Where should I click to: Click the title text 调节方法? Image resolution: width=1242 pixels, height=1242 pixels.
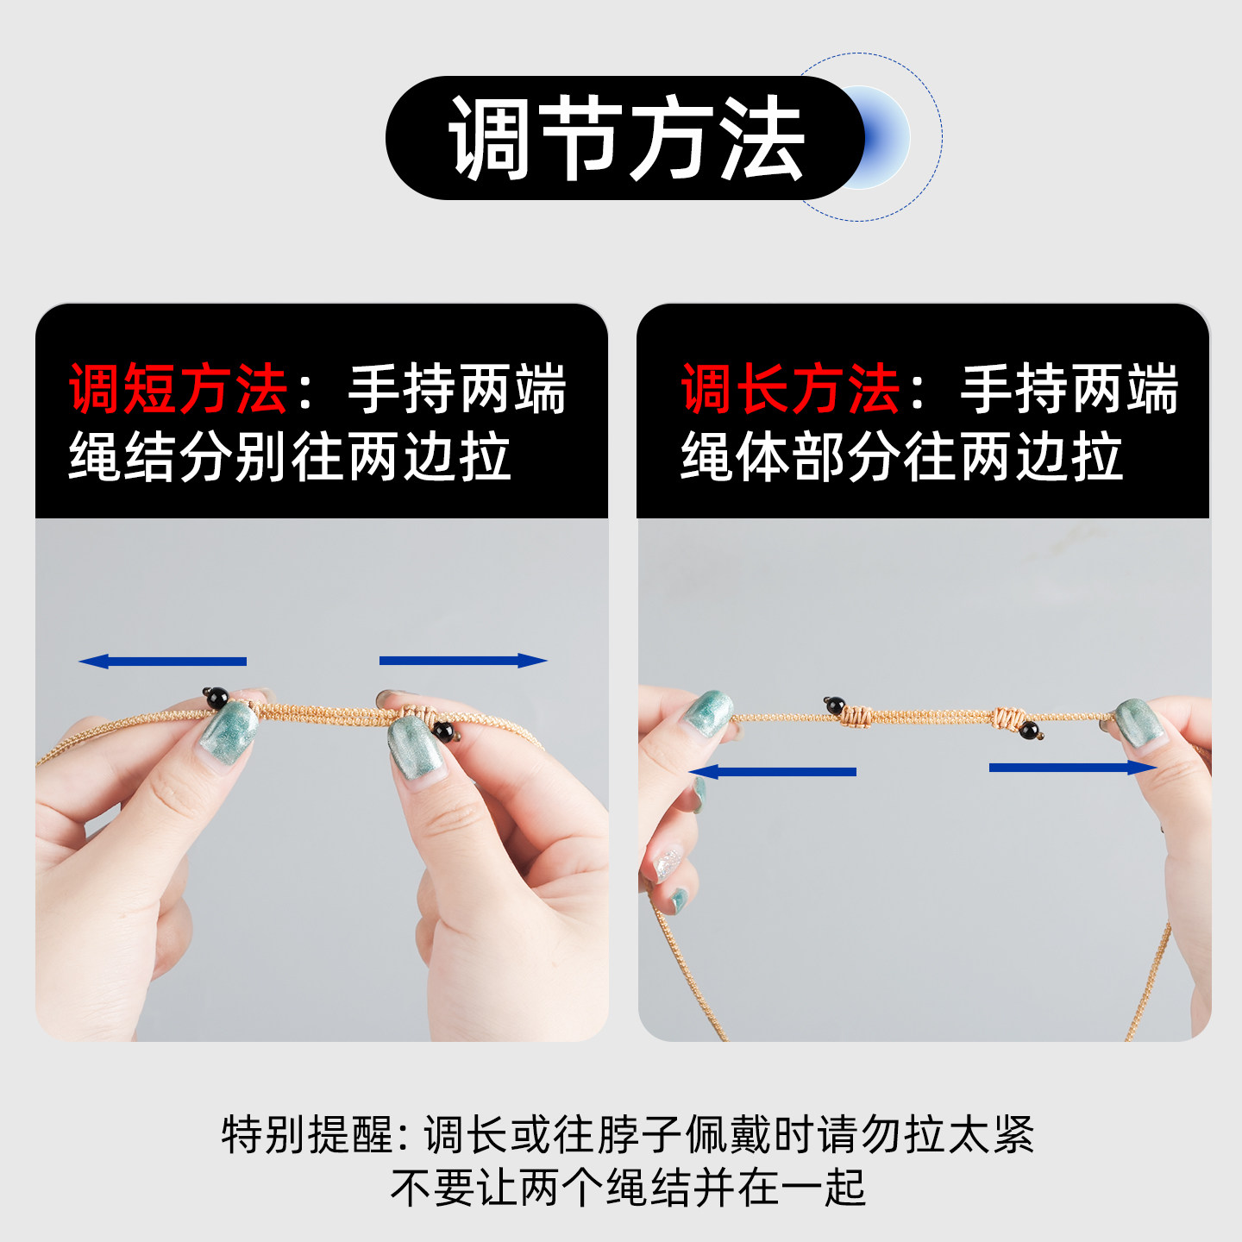coord(626,138)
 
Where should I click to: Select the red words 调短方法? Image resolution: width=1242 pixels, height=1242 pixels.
coord(179,390)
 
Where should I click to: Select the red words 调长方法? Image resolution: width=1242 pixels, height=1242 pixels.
coord(790,390)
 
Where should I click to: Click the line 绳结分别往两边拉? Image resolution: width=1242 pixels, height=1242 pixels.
coord(291,457)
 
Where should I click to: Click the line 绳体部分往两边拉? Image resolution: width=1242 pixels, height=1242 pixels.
coord(902,457)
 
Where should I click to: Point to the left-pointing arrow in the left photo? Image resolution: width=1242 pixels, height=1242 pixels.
coord(162,662)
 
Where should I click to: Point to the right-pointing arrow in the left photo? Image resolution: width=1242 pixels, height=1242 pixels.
coord(463,661)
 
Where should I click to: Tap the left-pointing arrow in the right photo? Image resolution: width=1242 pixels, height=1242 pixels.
coord(773,771)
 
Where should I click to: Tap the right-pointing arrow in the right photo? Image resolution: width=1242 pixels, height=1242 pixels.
coord(1072,768)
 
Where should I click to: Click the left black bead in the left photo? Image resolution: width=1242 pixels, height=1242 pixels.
coord(216,698)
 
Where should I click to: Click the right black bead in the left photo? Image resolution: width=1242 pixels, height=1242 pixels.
coord(443,732)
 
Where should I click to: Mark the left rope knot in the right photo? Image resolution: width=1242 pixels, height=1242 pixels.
coord(857,715)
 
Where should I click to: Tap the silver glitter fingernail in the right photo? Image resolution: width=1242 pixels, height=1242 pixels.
coord(668,863)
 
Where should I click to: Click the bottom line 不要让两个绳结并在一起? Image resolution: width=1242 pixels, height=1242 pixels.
coord(627,1188)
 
